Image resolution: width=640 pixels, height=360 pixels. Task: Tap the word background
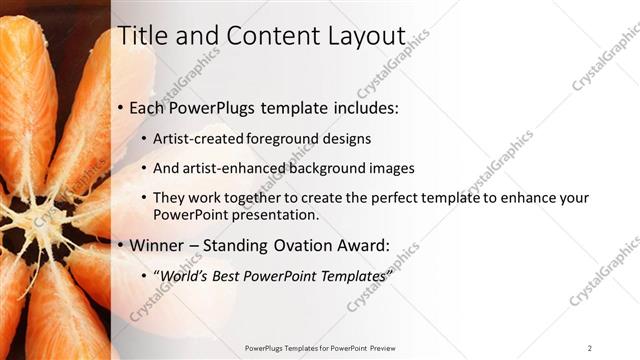tap(329, 169)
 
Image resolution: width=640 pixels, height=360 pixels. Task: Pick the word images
tap(391, 169)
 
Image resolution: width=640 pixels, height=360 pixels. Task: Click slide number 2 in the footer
tap(589, 348)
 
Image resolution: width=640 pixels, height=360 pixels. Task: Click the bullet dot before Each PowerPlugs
tap(121, 107)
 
